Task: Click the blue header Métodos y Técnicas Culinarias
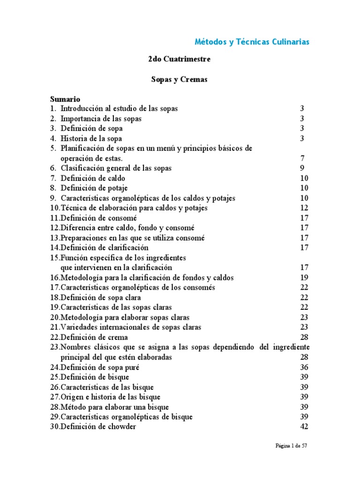[x=252, y=42]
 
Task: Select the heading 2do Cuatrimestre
[x=179, y=60]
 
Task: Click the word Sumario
[x=65, y=99]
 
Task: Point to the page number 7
[x=302, y=158]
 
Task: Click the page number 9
[x=302, y=168]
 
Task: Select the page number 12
[x=304, y=208]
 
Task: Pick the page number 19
[x=304, y=277]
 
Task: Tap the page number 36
[x=304, y=367]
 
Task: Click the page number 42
[x=304, y=427]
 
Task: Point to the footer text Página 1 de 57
[x=291, y=446]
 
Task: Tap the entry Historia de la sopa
[x=91, y=138]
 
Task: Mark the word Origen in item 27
[x=71, y=397]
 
